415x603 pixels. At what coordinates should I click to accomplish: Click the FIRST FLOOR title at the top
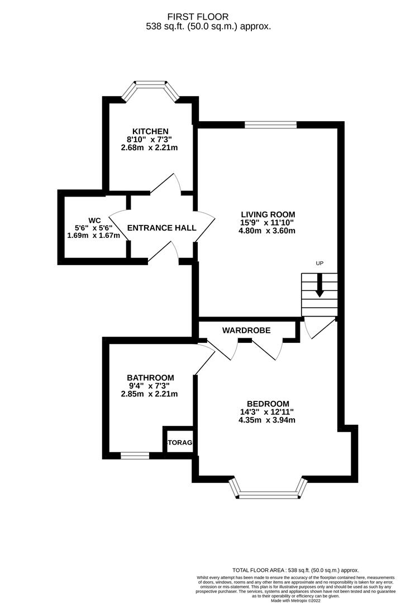(x=207, y=17)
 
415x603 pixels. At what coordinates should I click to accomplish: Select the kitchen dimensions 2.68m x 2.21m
(x=149, y=148)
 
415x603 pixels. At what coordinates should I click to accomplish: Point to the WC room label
(x=93, y=219)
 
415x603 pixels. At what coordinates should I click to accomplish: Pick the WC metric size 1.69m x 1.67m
(x=93, y=236)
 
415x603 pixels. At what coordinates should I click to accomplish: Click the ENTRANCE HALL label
(x=161, y=228)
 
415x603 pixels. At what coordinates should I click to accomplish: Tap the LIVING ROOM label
(x=268, y=214)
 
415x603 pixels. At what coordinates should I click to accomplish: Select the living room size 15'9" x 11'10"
(x=268, y=222)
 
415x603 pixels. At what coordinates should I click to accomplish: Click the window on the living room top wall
(x=270, y=125)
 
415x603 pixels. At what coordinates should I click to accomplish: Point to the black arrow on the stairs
(x=319, y=285)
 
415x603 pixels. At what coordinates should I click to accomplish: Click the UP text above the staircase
(x=319, y=263)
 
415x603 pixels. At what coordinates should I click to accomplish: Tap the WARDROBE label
(x=246, y=331)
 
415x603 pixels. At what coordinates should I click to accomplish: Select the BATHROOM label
(x=150, y=377)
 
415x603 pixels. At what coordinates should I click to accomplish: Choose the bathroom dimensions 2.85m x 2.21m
(x=150, y=394)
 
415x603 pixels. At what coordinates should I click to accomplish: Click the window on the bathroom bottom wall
(x=135, y=456)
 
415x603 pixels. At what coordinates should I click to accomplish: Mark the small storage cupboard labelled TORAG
(x=179, y=442)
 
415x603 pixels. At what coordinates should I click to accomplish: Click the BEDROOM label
(x=268, y=404)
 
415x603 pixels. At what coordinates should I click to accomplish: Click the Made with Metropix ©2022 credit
(x=295, y=600)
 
